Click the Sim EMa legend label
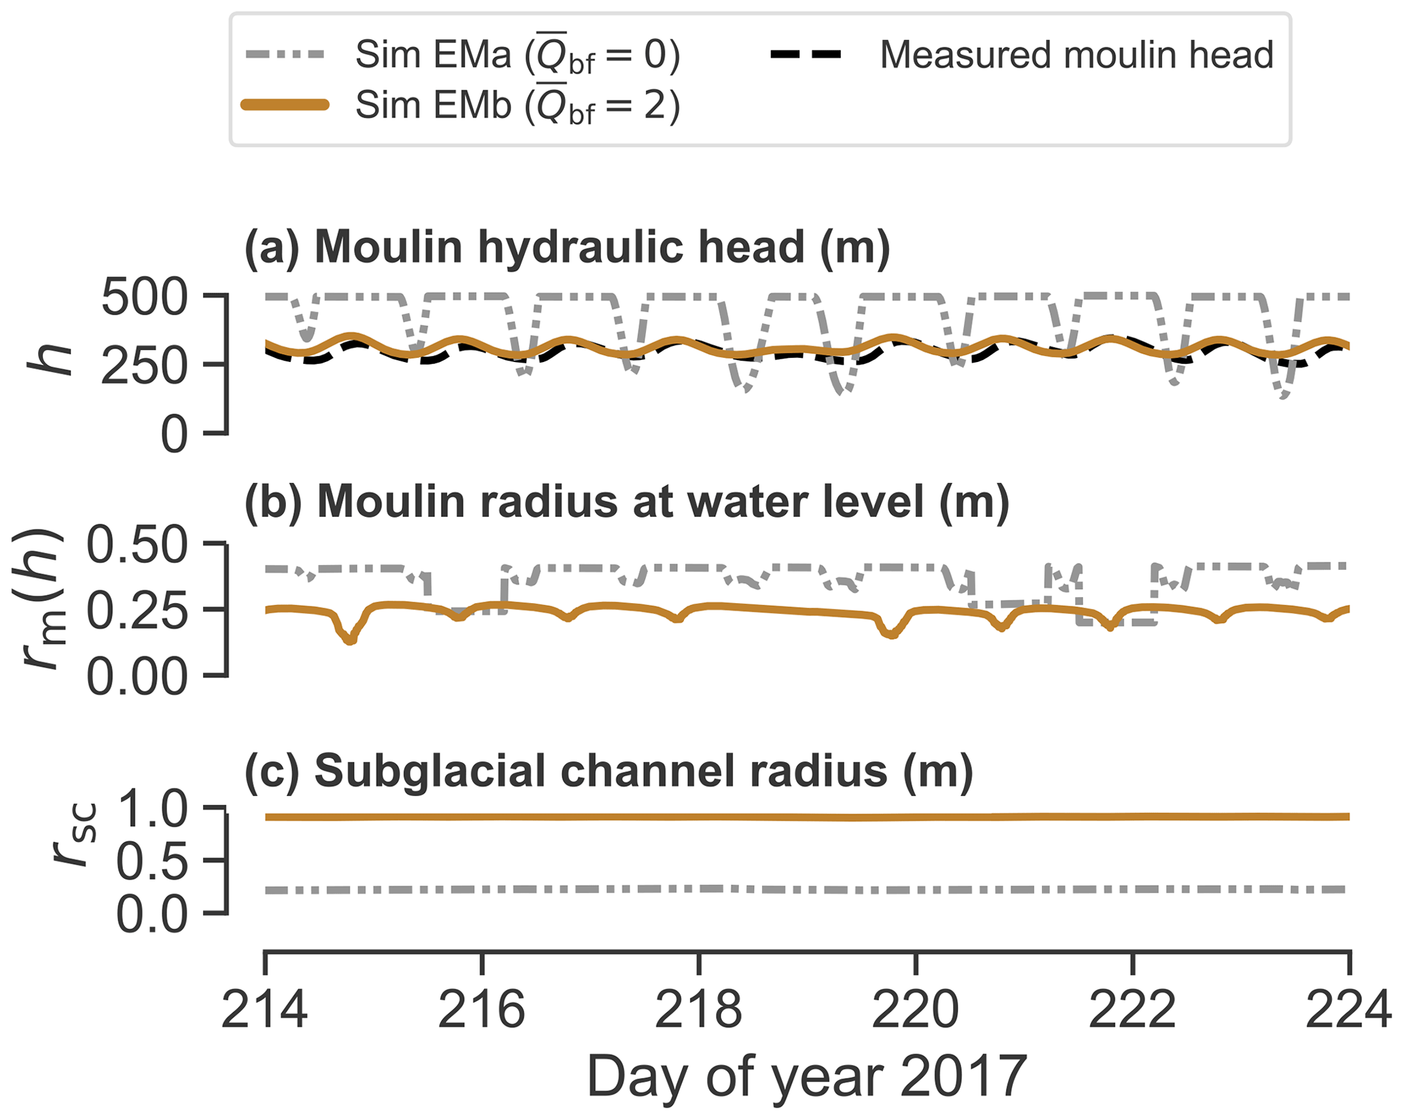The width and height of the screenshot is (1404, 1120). click(517, 56)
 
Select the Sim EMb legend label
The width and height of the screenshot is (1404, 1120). click(517, 106)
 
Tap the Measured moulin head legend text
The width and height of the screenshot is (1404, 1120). click(1076, 55)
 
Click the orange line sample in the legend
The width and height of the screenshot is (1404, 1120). click(285, 105)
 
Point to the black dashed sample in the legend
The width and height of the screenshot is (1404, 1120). click(806, 55)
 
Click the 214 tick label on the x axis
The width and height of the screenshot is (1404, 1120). click(264, 1011)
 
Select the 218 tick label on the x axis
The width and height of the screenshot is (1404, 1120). click(698, 1011)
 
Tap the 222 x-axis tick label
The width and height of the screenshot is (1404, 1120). click(1132, 1011)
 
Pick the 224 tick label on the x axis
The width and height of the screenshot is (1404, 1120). click(1348, 1011)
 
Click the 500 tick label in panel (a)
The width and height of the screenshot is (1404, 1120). click(144, 297)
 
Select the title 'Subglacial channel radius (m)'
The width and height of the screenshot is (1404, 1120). click(609, 772)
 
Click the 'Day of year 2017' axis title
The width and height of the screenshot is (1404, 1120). click(806, 1077)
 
